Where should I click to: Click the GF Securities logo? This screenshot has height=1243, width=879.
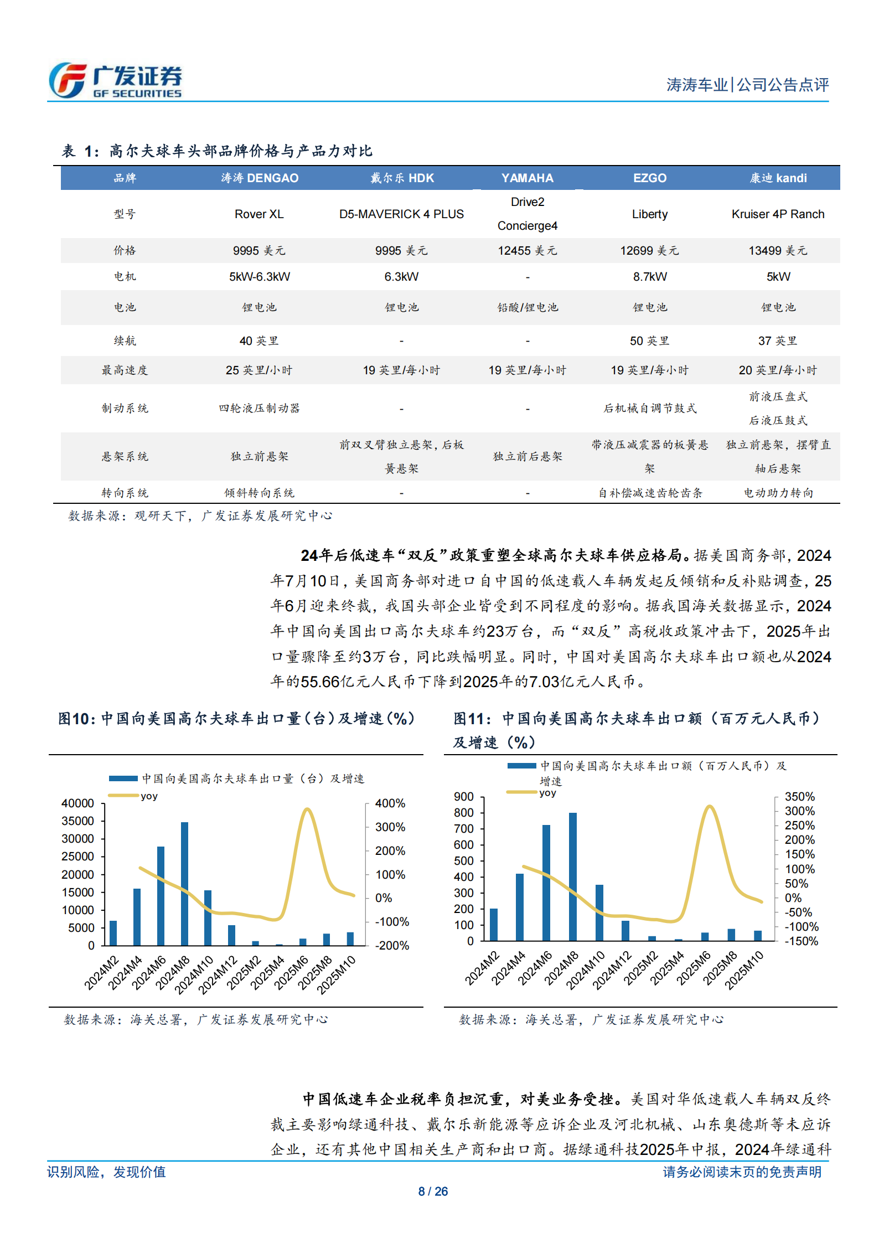pos(115,81)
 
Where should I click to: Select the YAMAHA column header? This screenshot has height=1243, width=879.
pos(527,178)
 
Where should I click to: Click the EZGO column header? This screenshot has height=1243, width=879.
pos(649,178)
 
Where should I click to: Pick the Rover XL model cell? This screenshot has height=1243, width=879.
pos(259,214)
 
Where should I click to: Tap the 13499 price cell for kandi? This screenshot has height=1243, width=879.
pos(778,251)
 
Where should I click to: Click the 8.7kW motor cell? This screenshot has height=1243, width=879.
pos(650,277)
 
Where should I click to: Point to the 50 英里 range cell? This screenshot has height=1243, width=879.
pos(649,341)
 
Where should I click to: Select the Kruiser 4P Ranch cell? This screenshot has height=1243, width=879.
pos(778,214)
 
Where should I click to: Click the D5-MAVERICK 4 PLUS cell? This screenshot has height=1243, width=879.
pos(401,214)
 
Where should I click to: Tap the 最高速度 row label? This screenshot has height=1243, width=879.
pos(125,370)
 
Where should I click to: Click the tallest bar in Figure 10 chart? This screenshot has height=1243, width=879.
pos(184,883)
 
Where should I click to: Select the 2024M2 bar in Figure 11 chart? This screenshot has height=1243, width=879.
pos(494,924)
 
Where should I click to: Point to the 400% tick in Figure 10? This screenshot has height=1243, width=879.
pos(390,803)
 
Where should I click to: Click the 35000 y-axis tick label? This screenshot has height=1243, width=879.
pos(77,821)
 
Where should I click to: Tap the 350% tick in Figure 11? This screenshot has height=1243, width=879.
pos(799,797)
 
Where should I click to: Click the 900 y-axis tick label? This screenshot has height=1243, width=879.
pos(464,797)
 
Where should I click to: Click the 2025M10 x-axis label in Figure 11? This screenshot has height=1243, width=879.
pos(744,971)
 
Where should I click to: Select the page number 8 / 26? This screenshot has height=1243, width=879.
pos(433,1192)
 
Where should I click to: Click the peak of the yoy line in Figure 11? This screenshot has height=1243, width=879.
pos(710,806)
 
